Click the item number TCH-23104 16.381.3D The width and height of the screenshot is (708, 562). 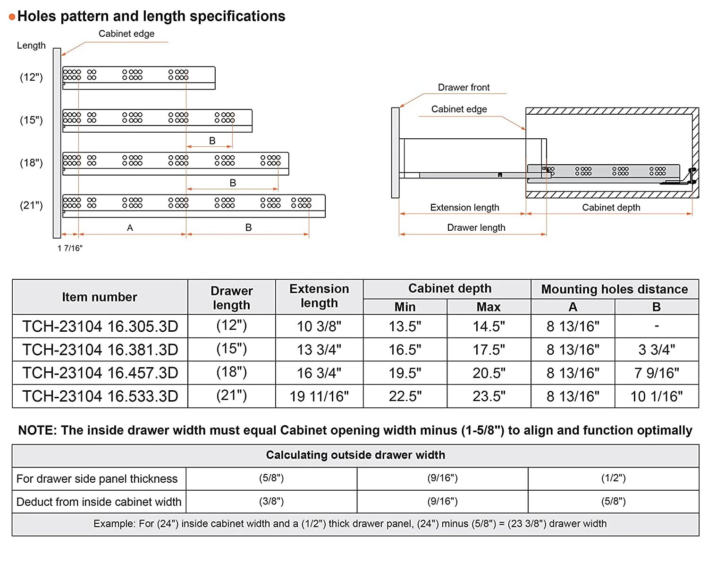[100, 350]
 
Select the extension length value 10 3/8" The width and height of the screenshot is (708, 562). [319, 326]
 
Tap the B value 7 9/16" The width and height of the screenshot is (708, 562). [657, 373]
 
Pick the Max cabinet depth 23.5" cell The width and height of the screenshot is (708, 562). [489, 396]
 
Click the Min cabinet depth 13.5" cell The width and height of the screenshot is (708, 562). [405, 326]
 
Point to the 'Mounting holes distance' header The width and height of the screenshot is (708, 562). [614, 289]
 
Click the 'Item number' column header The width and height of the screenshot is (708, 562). [100, 297]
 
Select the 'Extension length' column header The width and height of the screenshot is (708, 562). [319, 296]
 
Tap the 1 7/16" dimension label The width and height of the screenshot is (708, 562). [70, 248]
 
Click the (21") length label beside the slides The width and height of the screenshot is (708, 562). [31, 205]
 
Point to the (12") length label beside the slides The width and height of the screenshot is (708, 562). [31, 77]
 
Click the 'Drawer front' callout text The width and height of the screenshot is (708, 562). [464, 87]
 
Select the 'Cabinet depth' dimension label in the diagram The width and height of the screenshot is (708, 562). [611, 208]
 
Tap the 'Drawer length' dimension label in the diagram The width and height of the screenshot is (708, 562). [476, 227]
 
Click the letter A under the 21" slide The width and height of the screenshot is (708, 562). [130, 227]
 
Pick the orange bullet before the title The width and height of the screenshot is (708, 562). [12, 17]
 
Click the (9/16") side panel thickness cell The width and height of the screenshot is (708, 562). [442, 478]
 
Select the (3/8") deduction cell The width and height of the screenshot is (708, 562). [271, 502]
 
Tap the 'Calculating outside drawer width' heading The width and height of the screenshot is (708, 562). [355, 455]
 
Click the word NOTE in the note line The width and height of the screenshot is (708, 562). [37, 430]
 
